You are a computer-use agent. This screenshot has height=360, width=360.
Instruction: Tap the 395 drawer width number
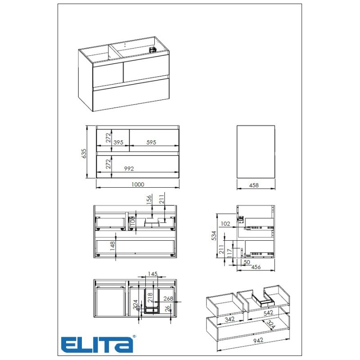pyautogui.click(x=118, y=142)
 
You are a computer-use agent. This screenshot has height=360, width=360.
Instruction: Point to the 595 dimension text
pyautogui.click(x=151, y=142)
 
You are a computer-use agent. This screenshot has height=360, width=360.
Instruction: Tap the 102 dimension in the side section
pyautogui.click(x=225, y=223)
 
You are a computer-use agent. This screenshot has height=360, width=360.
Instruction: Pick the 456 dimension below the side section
pyautogui.click(x=256, y=267)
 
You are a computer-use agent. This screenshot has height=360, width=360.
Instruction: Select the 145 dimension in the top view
pyautogui.click(x=152, y=274)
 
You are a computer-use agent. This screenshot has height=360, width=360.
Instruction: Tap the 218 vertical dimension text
pyautogui.click(x=150, y=297)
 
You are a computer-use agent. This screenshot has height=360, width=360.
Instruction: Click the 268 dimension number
pyautogui.click(x=169, y=298)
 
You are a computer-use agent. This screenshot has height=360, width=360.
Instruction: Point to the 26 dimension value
pyautogui.click(x=167, y=308)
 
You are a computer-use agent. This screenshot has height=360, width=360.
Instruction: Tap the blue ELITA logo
pyautogui.click(x=97, y=344)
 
